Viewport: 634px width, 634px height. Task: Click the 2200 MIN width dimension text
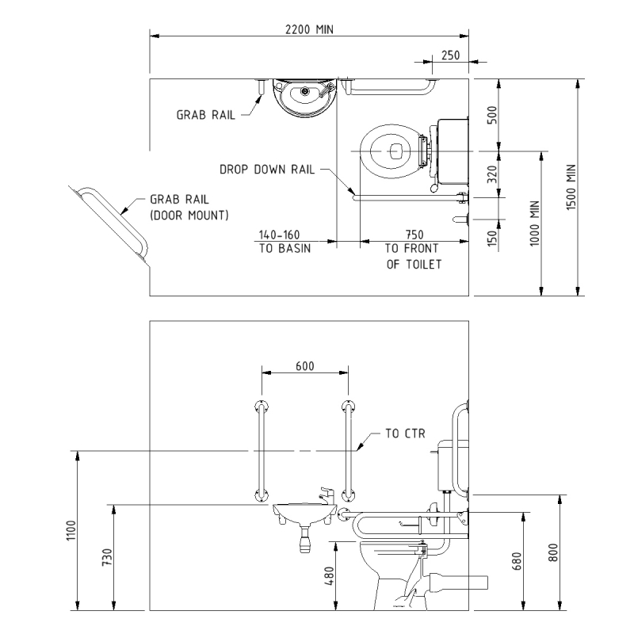pos(309,29)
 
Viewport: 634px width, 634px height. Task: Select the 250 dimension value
pos(450,55)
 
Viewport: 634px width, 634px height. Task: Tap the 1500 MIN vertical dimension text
pos(571,187)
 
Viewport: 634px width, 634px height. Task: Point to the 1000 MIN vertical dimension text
pos(534,223)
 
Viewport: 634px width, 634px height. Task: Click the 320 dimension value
pos(491,174)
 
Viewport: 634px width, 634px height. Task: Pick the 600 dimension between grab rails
pos(305,366)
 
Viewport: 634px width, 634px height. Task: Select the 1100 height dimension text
pos(71,530)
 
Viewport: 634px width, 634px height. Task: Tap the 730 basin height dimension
pos(107,557)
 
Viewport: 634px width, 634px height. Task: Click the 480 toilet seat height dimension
pos(329,576)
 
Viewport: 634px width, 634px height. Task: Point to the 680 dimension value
pos(517,561)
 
